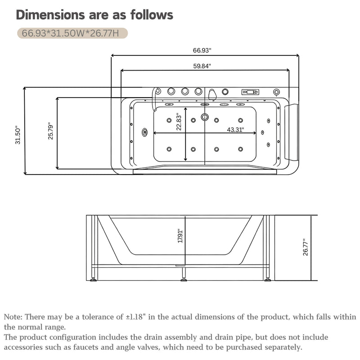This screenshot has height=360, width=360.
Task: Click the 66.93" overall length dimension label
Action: [202, 50]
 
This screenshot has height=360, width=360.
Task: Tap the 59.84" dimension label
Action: [202, 66]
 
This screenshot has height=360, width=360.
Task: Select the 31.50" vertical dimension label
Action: [18, 135]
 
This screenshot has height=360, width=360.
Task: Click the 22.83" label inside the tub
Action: [179, 121]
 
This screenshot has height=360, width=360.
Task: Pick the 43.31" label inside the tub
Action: [235, 130]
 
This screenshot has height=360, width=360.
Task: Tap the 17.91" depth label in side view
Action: [180, 236]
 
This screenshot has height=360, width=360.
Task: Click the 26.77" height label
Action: [306, 247]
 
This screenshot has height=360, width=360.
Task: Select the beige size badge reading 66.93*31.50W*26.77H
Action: [72, 33]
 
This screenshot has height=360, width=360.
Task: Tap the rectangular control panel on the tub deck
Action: [250, 92]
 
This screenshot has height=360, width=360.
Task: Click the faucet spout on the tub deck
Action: [212, 94]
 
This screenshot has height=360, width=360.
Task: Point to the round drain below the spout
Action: [205, 117]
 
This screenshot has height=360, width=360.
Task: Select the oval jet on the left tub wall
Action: [144, 132]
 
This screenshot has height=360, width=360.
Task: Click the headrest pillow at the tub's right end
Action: [291, 132]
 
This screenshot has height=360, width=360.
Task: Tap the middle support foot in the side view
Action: [184, 273]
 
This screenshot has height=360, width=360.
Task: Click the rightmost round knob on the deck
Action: [276, 92]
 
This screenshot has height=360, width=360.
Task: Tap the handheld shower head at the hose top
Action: [158, 91]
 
